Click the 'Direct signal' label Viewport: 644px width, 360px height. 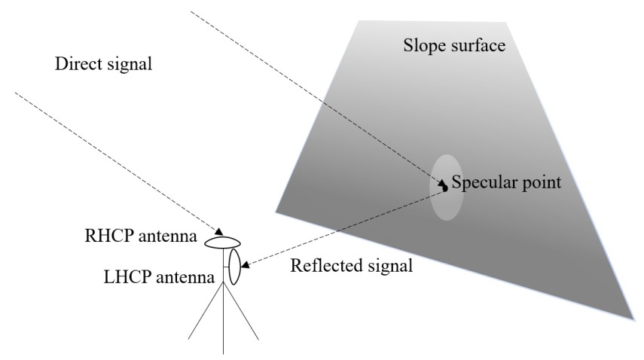[104, 65]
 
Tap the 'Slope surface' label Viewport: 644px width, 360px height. [453, 47]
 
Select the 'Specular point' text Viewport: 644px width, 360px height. [506, 182]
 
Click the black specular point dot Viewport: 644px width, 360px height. [444, 188]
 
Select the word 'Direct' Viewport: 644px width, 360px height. [78, 65]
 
